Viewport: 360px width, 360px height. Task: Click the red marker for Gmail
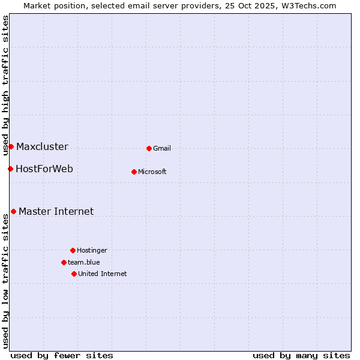149,148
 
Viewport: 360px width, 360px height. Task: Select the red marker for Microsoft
134,172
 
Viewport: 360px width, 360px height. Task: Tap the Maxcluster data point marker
11,146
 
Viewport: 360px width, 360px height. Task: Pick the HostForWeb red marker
10,169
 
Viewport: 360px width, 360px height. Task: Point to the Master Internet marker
13,211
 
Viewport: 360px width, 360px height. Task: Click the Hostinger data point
73,250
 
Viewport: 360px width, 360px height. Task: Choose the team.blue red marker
64,262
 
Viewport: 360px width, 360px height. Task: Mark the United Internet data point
74,274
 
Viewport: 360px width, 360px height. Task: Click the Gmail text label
162,149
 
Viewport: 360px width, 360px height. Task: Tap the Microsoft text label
152,172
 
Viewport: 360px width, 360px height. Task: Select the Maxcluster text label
42,147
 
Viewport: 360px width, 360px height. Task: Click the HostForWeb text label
44,169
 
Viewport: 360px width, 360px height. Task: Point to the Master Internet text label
56,212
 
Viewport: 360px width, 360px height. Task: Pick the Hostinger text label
92,251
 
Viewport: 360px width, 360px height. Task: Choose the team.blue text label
84,263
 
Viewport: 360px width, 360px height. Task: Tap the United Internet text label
103,274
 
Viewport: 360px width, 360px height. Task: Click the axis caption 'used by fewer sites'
62,355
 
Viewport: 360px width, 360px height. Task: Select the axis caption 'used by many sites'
301,355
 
